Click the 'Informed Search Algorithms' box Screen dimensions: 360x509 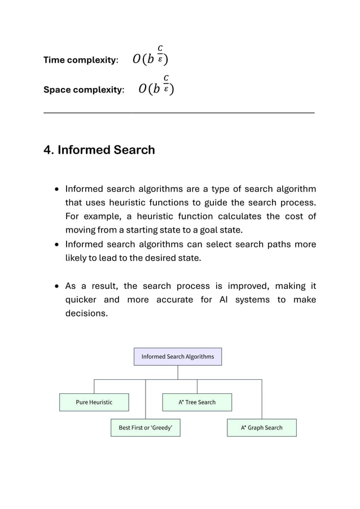tap(178, 357)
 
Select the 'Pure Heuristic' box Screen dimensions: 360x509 tap(94, 402)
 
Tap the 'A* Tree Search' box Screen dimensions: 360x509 tap(197, 402)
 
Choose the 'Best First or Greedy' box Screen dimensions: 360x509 tap(146, 428)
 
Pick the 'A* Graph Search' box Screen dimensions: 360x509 tap(261, 428)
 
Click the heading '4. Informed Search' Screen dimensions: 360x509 tap(99, 150)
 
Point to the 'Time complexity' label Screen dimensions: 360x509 tap(80, 60)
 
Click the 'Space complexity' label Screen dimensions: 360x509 tap(84, 90)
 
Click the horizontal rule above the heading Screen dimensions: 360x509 tap(179, 113)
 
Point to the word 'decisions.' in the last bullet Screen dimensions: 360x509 tap(86, 313)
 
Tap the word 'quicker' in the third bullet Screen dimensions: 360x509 tap(81, 300)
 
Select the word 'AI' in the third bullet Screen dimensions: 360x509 tap(223, 300)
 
